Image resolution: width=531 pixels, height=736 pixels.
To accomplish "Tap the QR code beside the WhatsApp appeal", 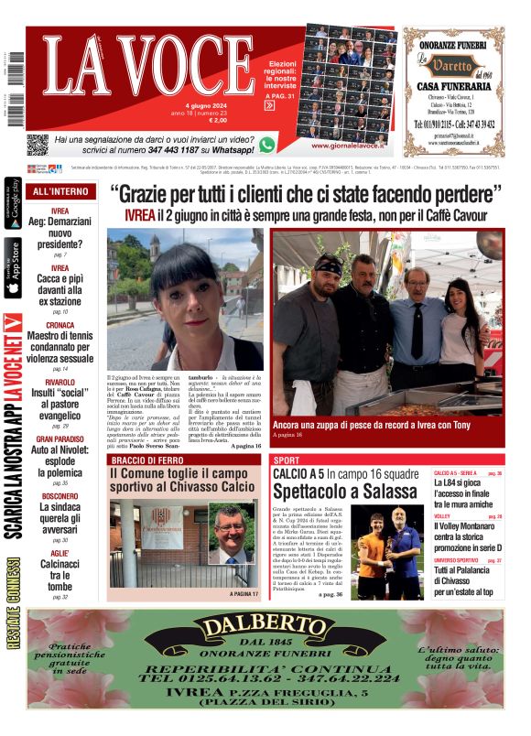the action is [x=37, y=145].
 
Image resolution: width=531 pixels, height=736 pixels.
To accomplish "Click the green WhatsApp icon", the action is [x=266, y=144].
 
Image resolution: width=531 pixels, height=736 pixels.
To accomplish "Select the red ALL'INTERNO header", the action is [x=60, y=192].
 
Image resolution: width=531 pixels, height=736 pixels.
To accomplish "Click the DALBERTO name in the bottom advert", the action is [x=265, y=628].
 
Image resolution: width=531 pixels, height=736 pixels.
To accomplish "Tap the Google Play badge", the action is [x=13, y=207].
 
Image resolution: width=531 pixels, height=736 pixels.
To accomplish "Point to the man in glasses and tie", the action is [x=417, y=320].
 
